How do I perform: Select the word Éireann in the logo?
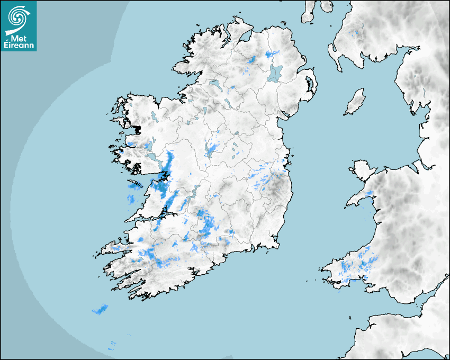point(19,46)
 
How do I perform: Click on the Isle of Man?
point(355,102)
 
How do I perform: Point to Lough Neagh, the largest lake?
point(275,73)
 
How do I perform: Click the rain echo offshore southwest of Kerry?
point(100,309)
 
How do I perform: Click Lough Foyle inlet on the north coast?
point(245,38)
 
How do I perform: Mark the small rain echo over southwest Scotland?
point(355,34)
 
